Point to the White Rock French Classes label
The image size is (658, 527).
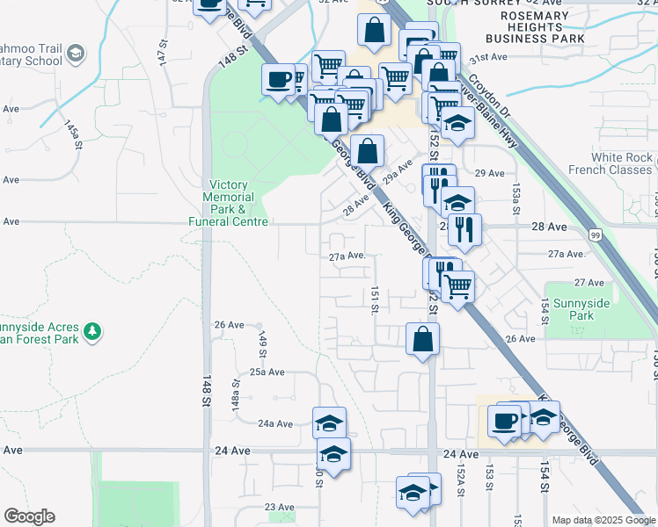[622, 163]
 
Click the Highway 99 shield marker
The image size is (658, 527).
[596, 235]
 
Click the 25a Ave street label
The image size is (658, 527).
[267, 372]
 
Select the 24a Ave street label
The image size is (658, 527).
[275, 423]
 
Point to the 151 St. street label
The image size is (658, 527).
[375, 300]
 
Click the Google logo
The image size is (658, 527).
[29, 516]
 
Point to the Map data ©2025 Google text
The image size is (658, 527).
[603, 520]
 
